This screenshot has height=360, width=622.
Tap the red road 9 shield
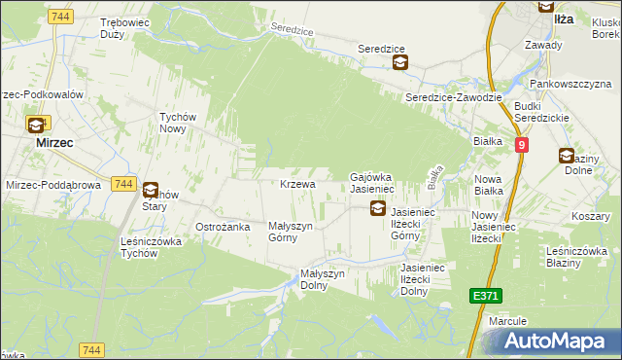[522, 145]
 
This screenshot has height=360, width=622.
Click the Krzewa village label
[297, 184]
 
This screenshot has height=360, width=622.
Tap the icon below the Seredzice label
[399, 63]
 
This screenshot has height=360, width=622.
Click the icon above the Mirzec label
[36, 125]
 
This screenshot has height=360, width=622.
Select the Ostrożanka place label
[224, 226]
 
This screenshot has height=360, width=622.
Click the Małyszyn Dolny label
[323, 279]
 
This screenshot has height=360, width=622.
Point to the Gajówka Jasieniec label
[370, 182]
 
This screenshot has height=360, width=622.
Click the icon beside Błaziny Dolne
[566, 155]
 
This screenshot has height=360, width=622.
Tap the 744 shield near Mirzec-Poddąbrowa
[122, 183]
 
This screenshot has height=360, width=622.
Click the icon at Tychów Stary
[150, 191]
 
